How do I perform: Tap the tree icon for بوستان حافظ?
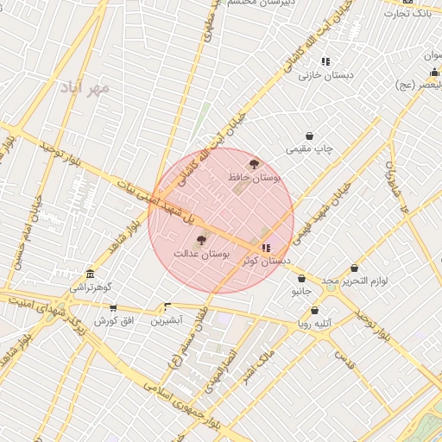pos(254,164)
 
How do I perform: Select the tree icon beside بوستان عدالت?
pos(201,241)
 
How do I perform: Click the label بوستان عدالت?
pos(200,255)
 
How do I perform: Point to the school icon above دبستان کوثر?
pos(266,248)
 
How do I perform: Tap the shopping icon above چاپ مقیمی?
pos(310,136)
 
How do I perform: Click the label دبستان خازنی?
pos(322,76)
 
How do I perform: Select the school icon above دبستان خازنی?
pos(325,62)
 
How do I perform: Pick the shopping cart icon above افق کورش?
pos(113,308)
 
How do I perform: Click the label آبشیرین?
pos(167,320)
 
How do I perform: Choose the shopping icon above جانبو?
pos(301,279)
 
